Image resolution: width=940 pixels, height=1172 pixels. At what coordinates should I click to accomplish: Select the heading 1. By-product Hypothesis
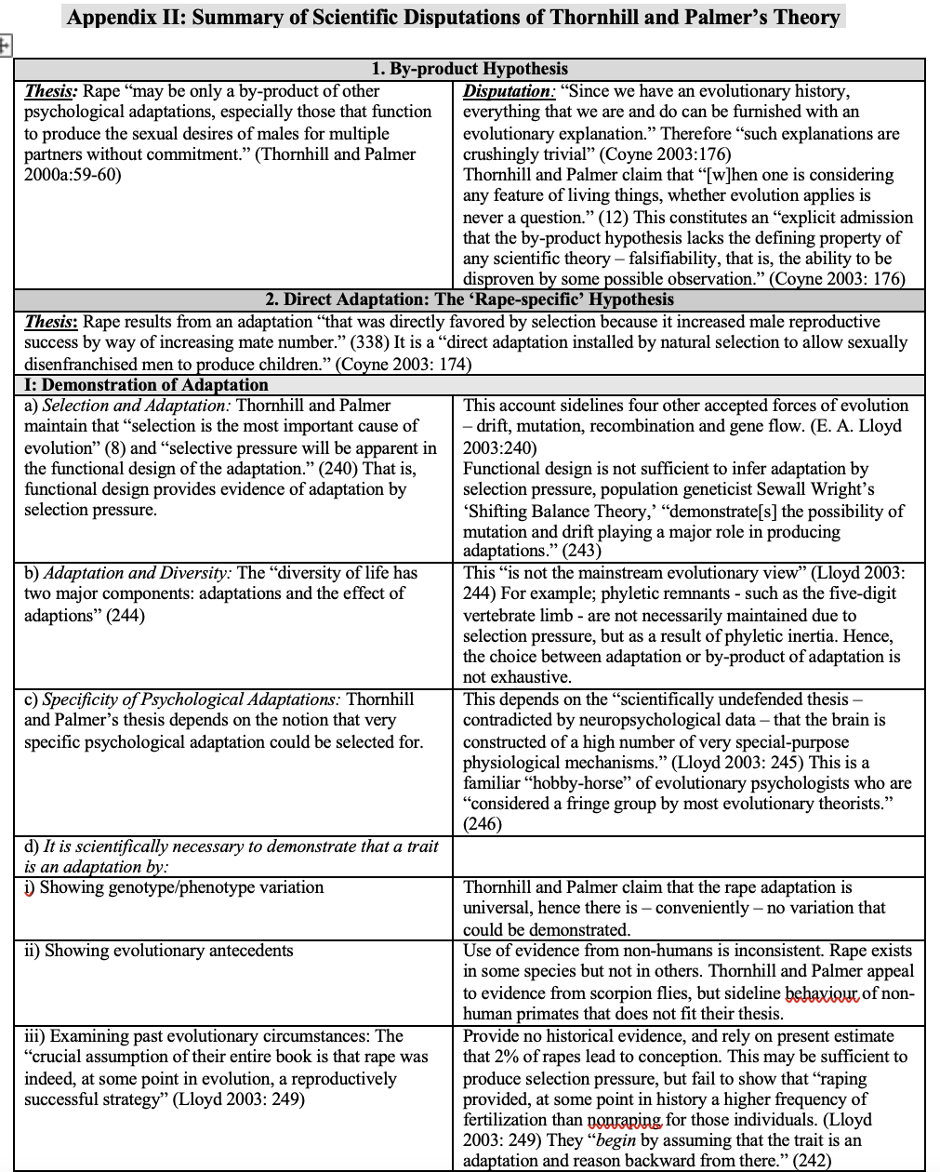tap(469, 69)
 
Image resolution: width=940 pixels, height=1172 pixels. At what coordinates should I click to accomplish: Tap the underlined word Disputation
tap(507, 91)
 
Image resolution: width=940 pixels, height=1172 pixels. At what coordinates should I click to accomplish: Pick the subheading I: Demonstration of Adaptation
tap(146, 385)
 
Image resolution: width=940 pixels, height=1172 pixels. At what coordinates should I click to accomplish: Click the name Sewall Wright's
tap(817, 489)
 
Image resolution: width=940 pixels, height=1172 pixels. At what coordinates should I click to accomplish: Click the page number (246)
tap(483, 824)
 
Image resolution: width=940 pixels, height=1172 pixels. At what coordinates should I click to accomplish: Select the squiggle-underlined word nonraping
tap(626, 1120)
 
